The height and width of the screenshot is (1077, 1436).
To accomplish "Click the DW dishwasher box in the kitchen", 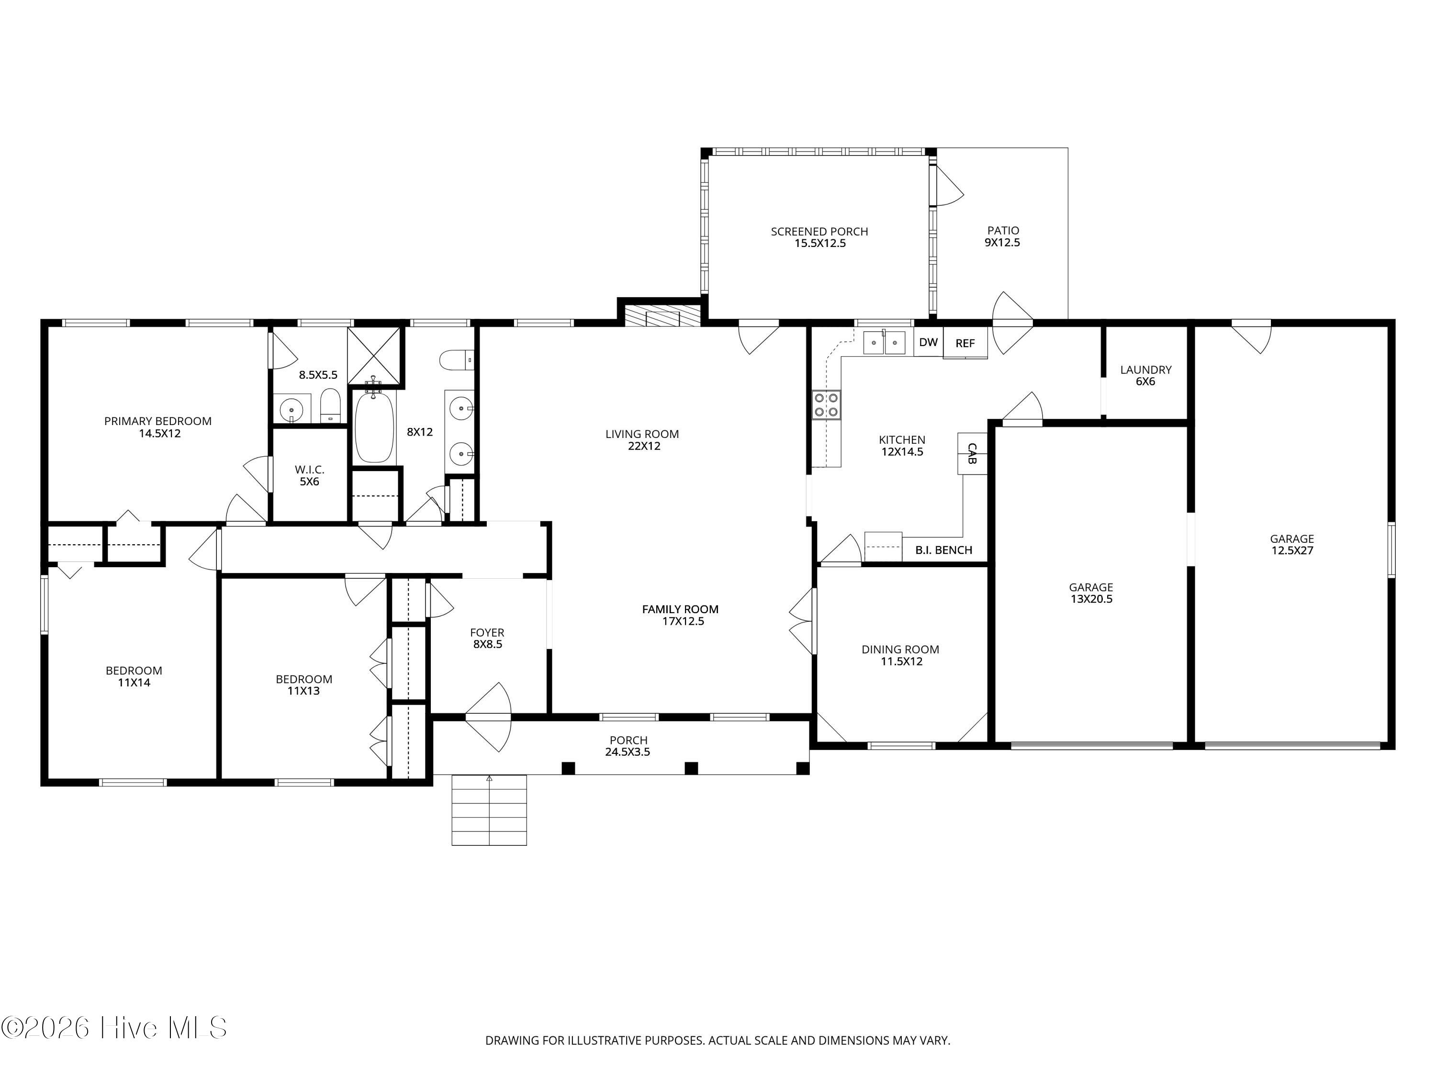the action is click(928, 342).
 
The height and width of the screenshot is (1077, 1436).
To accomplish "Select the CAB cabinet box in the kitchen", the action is click(972, 453).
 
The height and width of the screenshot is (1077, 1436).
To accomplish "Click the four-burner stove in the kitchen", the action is click(826, 405).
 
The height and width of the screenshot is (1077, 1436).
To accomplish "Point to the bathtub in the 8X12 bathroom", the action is click(375, 426).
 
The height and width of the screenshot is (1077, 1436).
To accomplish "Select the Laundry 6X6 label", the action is click(1146, 375).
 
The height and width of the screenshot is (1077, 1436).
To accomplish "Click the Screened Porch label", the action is click(819, 237).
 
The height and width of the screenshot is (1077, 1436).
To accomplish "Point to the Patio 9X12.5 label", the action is click(1003, 236).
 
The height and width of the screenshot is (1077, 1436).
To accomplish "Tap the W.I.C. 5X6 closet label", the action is click(310, 475).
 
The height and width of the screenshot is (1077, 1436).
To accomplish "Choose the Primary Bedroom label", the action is click(158, 427).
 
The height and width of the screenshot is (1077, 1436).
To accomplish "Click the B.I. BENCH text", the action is click(944, 550).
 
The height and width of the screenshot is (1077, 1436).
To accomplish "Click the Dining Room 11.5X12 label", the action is click(900, 655).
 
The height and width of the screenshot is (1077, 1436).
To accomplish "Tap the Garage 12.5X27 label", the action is click(1292, 544).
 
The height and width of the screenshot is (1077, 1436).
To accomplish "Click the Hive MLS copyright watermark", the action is click(114, 1027).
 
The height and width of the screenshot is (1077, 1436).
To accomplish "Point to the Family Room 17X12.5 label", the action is click(680, 615).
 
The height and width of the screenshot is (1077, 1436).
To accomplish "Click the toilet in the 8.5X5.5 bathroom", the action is click(330, 406).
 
